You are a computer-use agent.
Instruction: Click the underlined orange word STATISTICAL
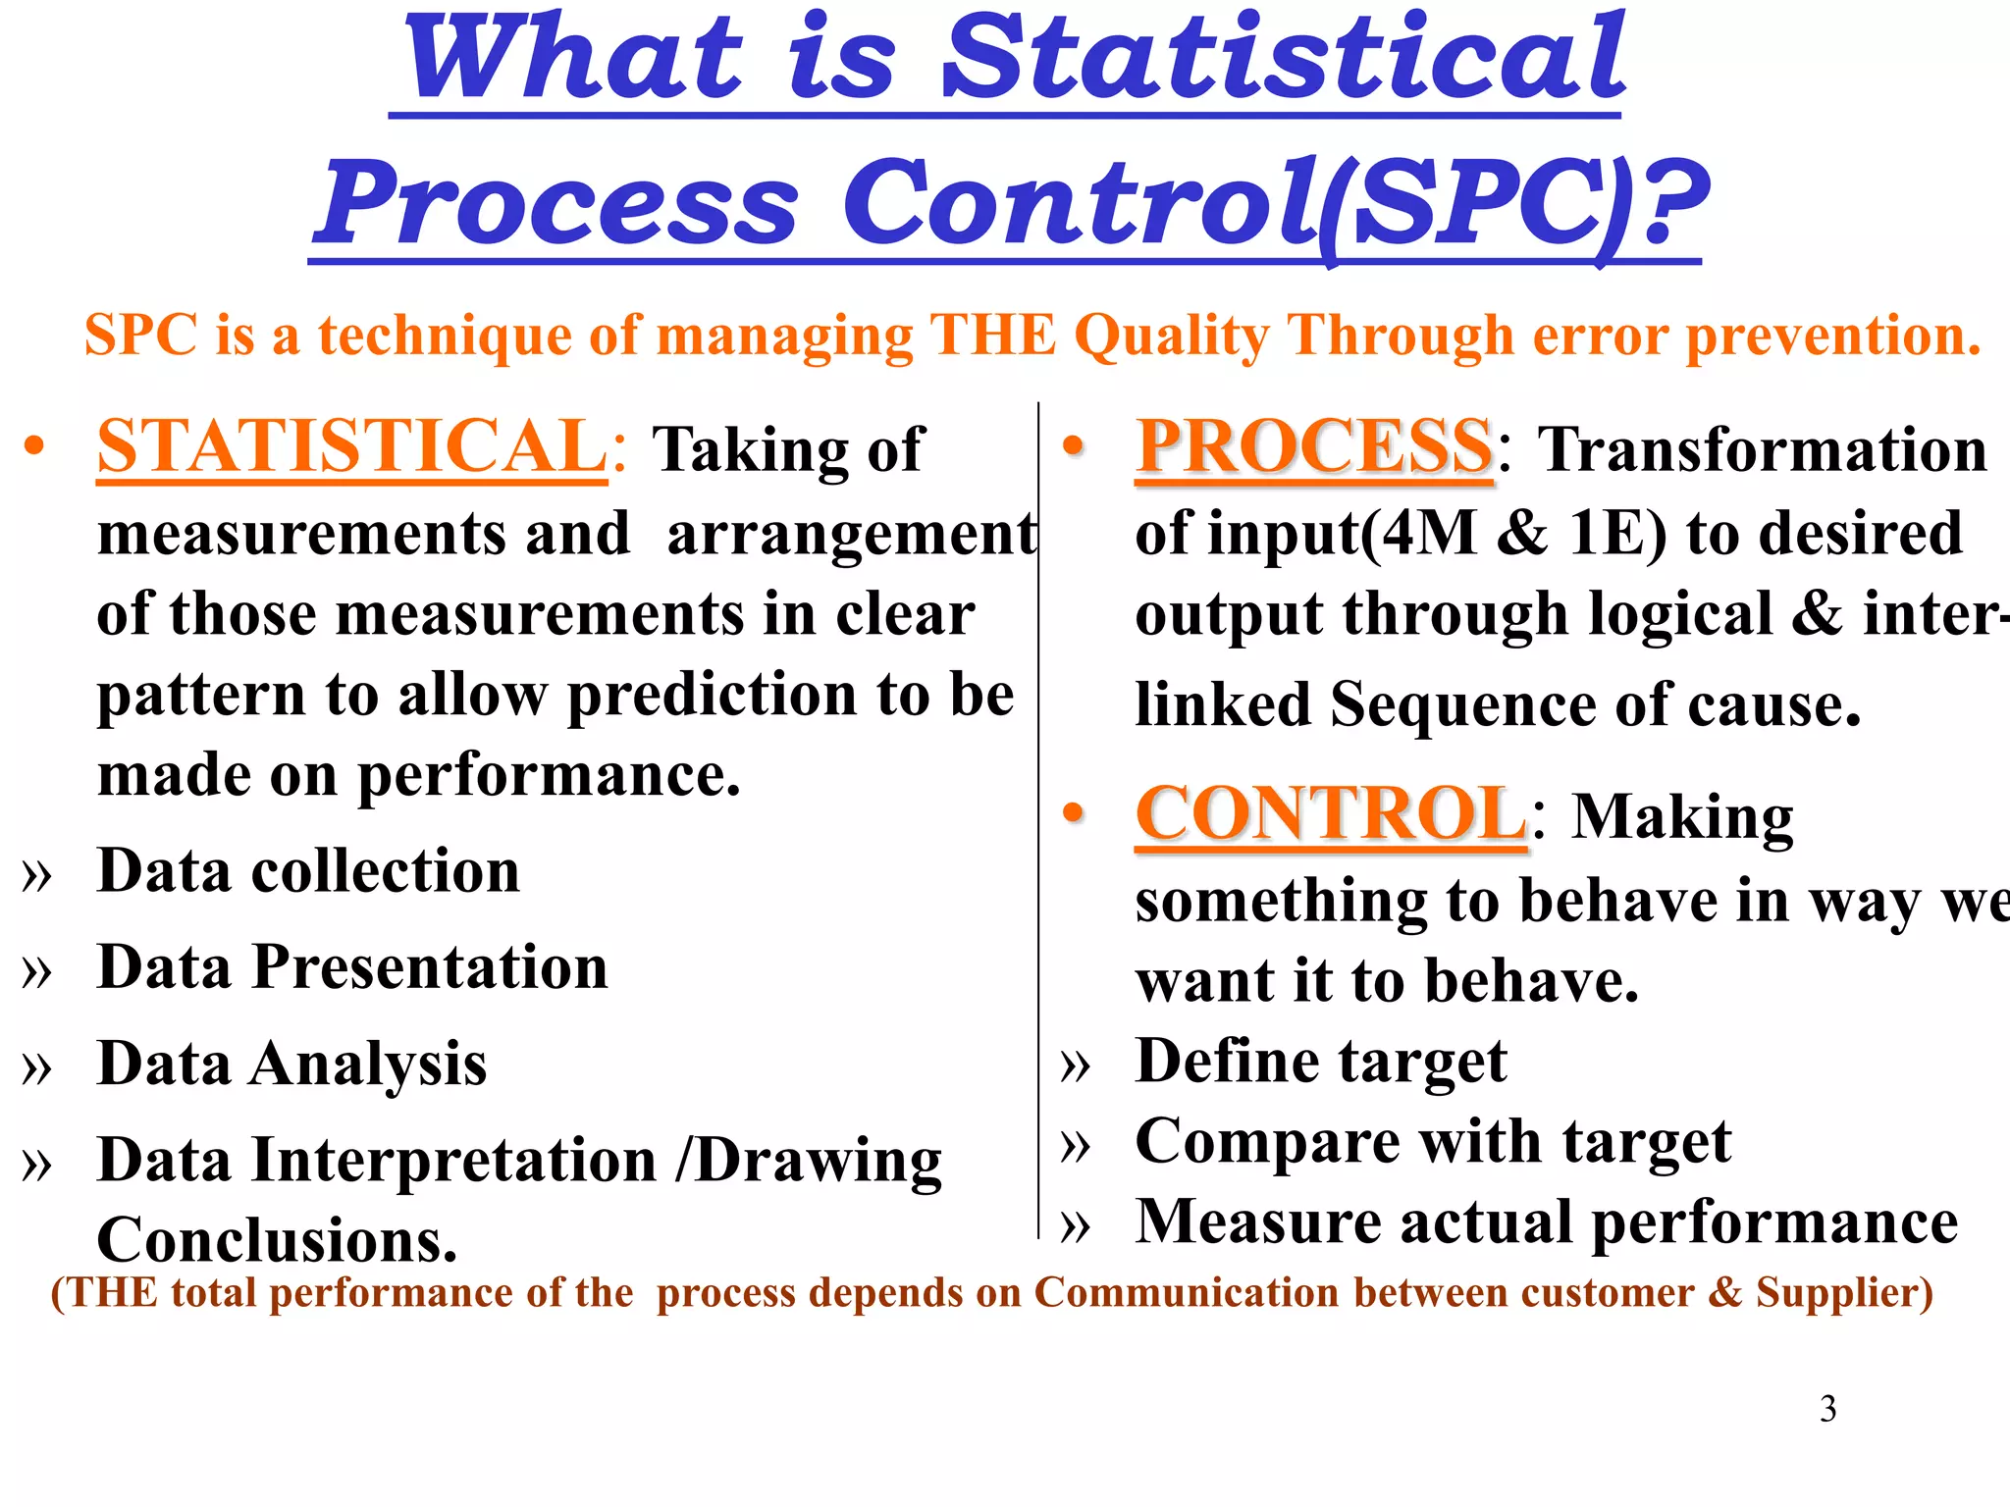point(351,446)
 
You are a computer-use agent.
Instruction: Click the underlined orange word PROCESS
point(1314,446)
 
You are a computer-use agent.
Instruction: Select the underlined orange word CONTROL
point(1330,814)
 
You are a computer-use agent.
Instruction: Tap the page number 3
point(1827,1409)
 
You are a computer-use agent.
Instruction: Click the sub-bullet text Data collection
point(308,871)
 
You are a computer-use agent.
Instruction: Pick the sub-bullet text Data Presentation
point(352,967)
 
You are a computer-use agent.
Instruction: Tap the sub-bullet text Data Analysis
point(291,1064)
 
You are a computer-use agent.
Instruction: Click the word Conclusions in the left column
point(277,1240)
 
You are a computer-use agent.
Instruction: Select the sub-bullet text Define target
point(1320,1062)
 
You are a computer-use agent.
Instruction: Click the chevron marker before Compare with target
point(1076,1145)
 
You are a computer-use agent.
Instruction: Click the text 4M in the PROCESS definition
point(1429,535)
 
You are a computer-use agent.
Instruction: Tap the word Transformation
point(1762,449)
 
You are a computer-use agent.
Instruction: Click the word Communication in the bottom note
point(1187,1293)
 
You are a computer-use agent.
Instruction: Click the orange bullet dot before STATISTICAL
point(35,446)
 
